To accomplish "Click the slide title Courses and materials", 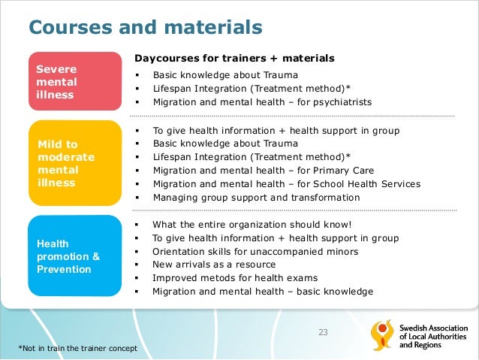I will click(145, 28).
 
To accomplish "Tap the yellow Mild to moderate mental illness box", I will click(75, 162).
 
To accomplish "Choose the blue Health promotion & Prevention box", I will click(75, 256).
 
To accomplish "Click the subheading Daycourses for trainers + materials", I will click(234, 58).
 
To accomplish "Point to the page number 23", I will click(324, 332).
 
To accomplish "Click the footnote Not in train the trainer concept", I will click(80, 347).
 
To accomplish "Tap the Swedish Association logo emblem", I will click(381, 337).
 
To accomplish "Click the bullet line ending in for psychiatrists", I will click(262, 102).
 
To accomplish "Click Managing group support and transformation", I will click(256, 198).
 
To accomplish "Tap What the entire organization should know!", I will click(252, 224).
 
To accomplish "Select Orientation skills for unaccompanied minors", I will click(255, 251).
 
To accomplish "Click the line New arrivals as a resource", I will click(214, 265).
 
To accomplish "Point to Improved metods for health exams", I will click(235, 278).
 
